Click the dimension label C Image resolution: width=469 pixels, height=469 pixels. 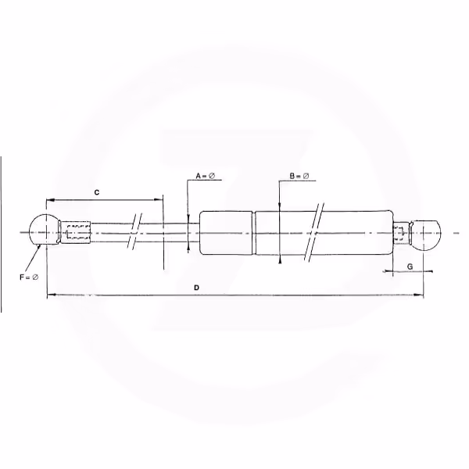(97, 192)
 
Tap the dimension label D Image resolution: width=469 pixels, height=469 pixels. (196, 288)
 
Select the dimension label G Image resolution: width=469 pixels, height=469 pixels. (410, 267)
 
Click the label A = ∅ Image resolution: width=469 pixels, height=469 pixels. (205, 176)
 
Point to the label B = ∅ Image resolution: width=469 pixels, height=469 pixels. (299, 176)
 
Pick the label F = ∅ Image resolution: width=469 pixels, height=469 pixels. (29, 277)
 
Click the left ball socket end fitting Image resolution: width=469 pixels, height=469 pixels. (45, 230)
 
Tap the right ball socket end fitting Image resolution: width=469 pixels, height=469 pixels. (426, 234)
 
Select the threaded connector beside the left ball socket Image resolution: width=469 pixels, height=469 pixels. (75, 233)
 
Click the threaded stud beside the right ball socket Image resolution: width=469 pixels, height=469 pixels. (401, 233)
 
